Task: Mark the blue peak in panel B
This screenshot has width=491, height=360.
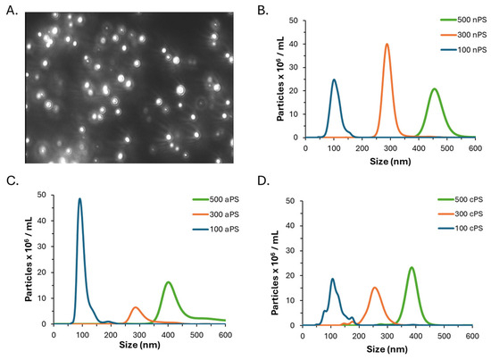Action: (x=334, y=80)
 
